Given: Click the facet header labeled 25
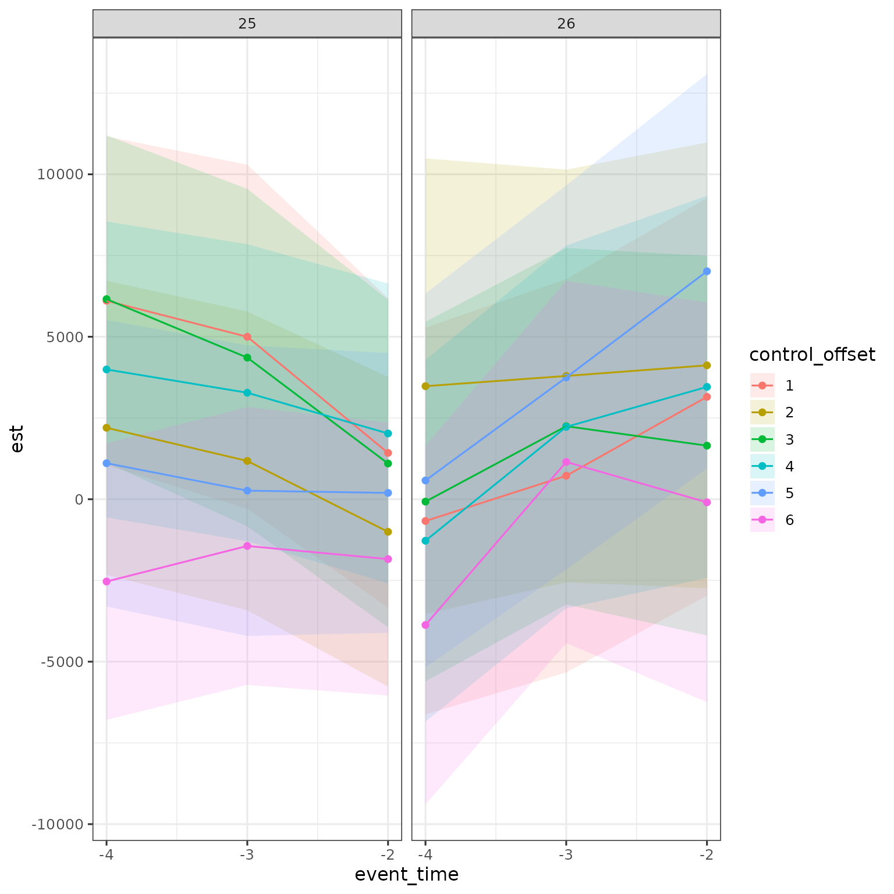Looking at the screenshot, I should point(247,23).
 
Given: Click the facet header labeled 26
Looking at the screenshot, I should point(566,23).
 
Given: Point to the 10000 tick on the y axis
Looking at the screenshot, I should point(61,175).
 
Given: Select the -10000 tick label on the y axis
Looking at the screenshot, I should point(58,824).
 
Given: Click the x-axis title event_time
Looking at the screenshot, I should point(406,874).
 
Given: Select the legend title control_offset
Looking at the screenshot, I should point(812,354).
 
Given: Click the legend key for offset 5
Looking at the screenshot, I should point(762,493).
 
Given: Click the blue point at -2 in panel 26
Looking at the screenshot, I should point(707,271).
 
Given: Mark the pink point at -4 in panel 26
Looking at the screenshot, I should point(425,625).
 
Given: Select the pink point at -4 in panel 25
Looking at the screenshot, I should point(107,581).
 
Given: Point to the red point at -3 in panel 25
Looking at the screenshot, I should point(247,337).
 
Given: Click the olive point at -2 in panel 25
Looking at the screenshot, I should point(388,531).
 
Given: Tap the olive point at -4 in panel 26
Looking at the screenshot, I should point(425,386).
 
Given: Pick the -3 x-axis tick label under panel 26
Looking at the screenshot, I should point(566,855).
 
